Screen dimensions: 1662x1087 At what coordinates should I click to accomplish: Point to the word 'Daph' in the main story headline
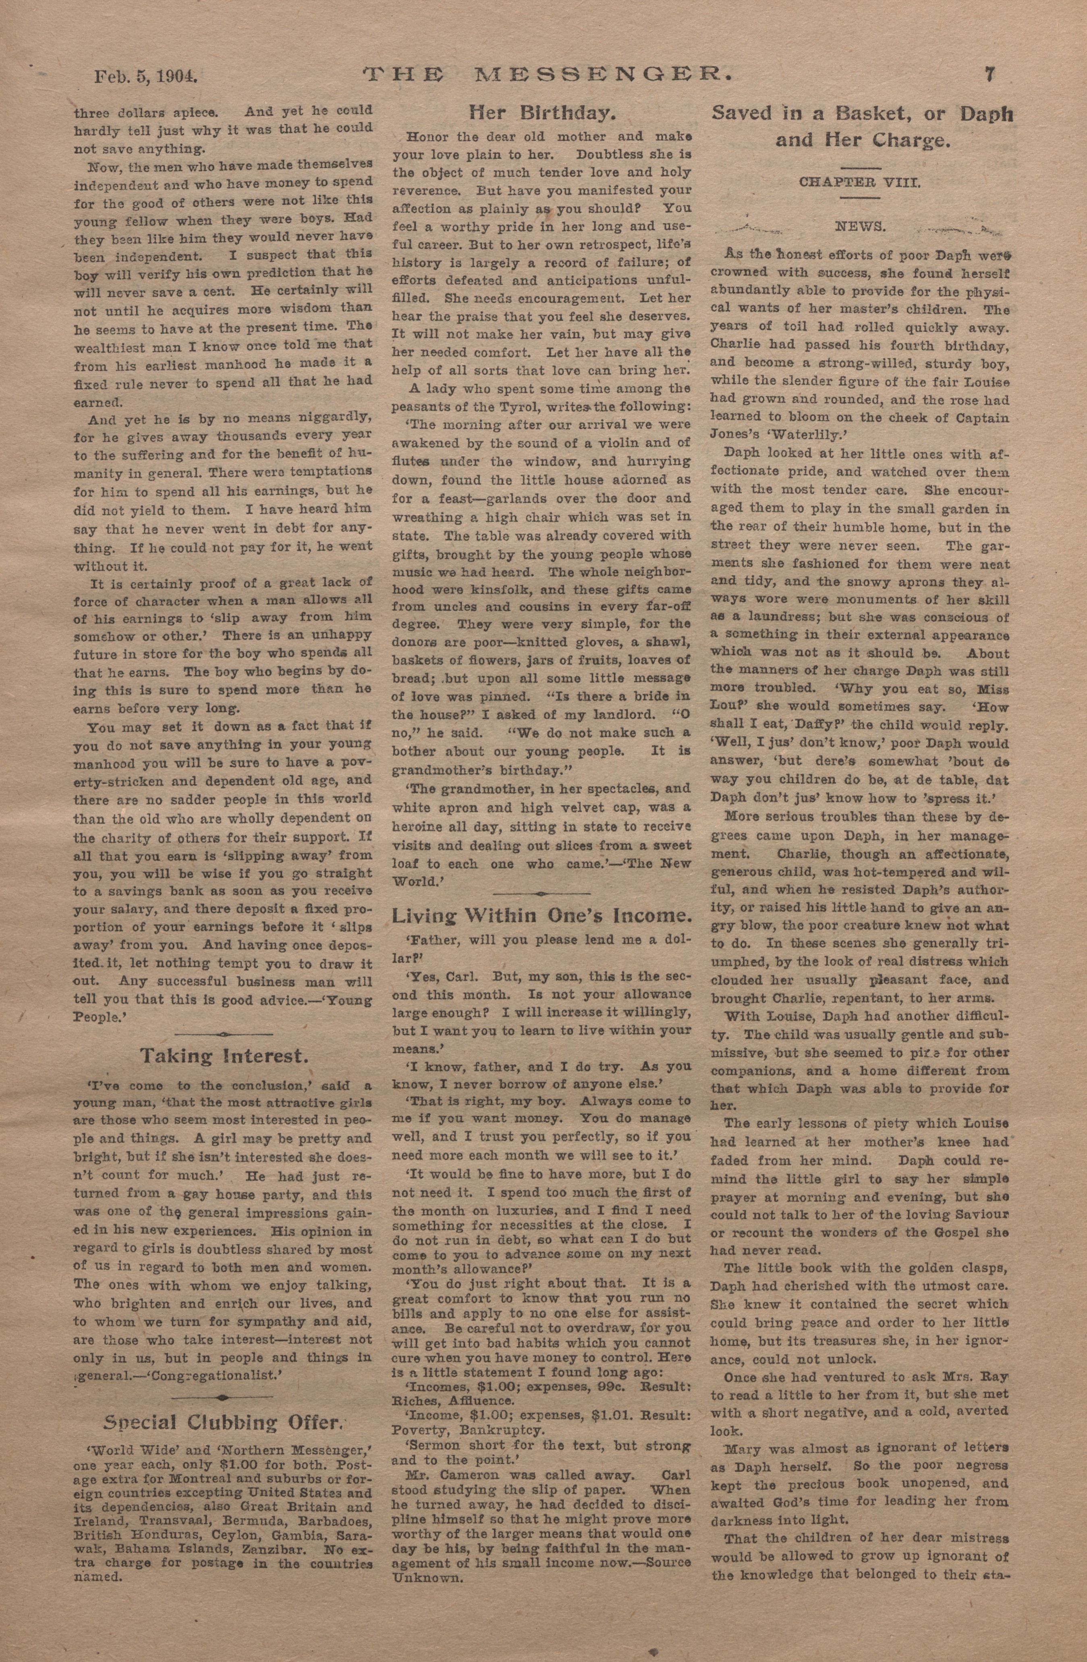[985, 114]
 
